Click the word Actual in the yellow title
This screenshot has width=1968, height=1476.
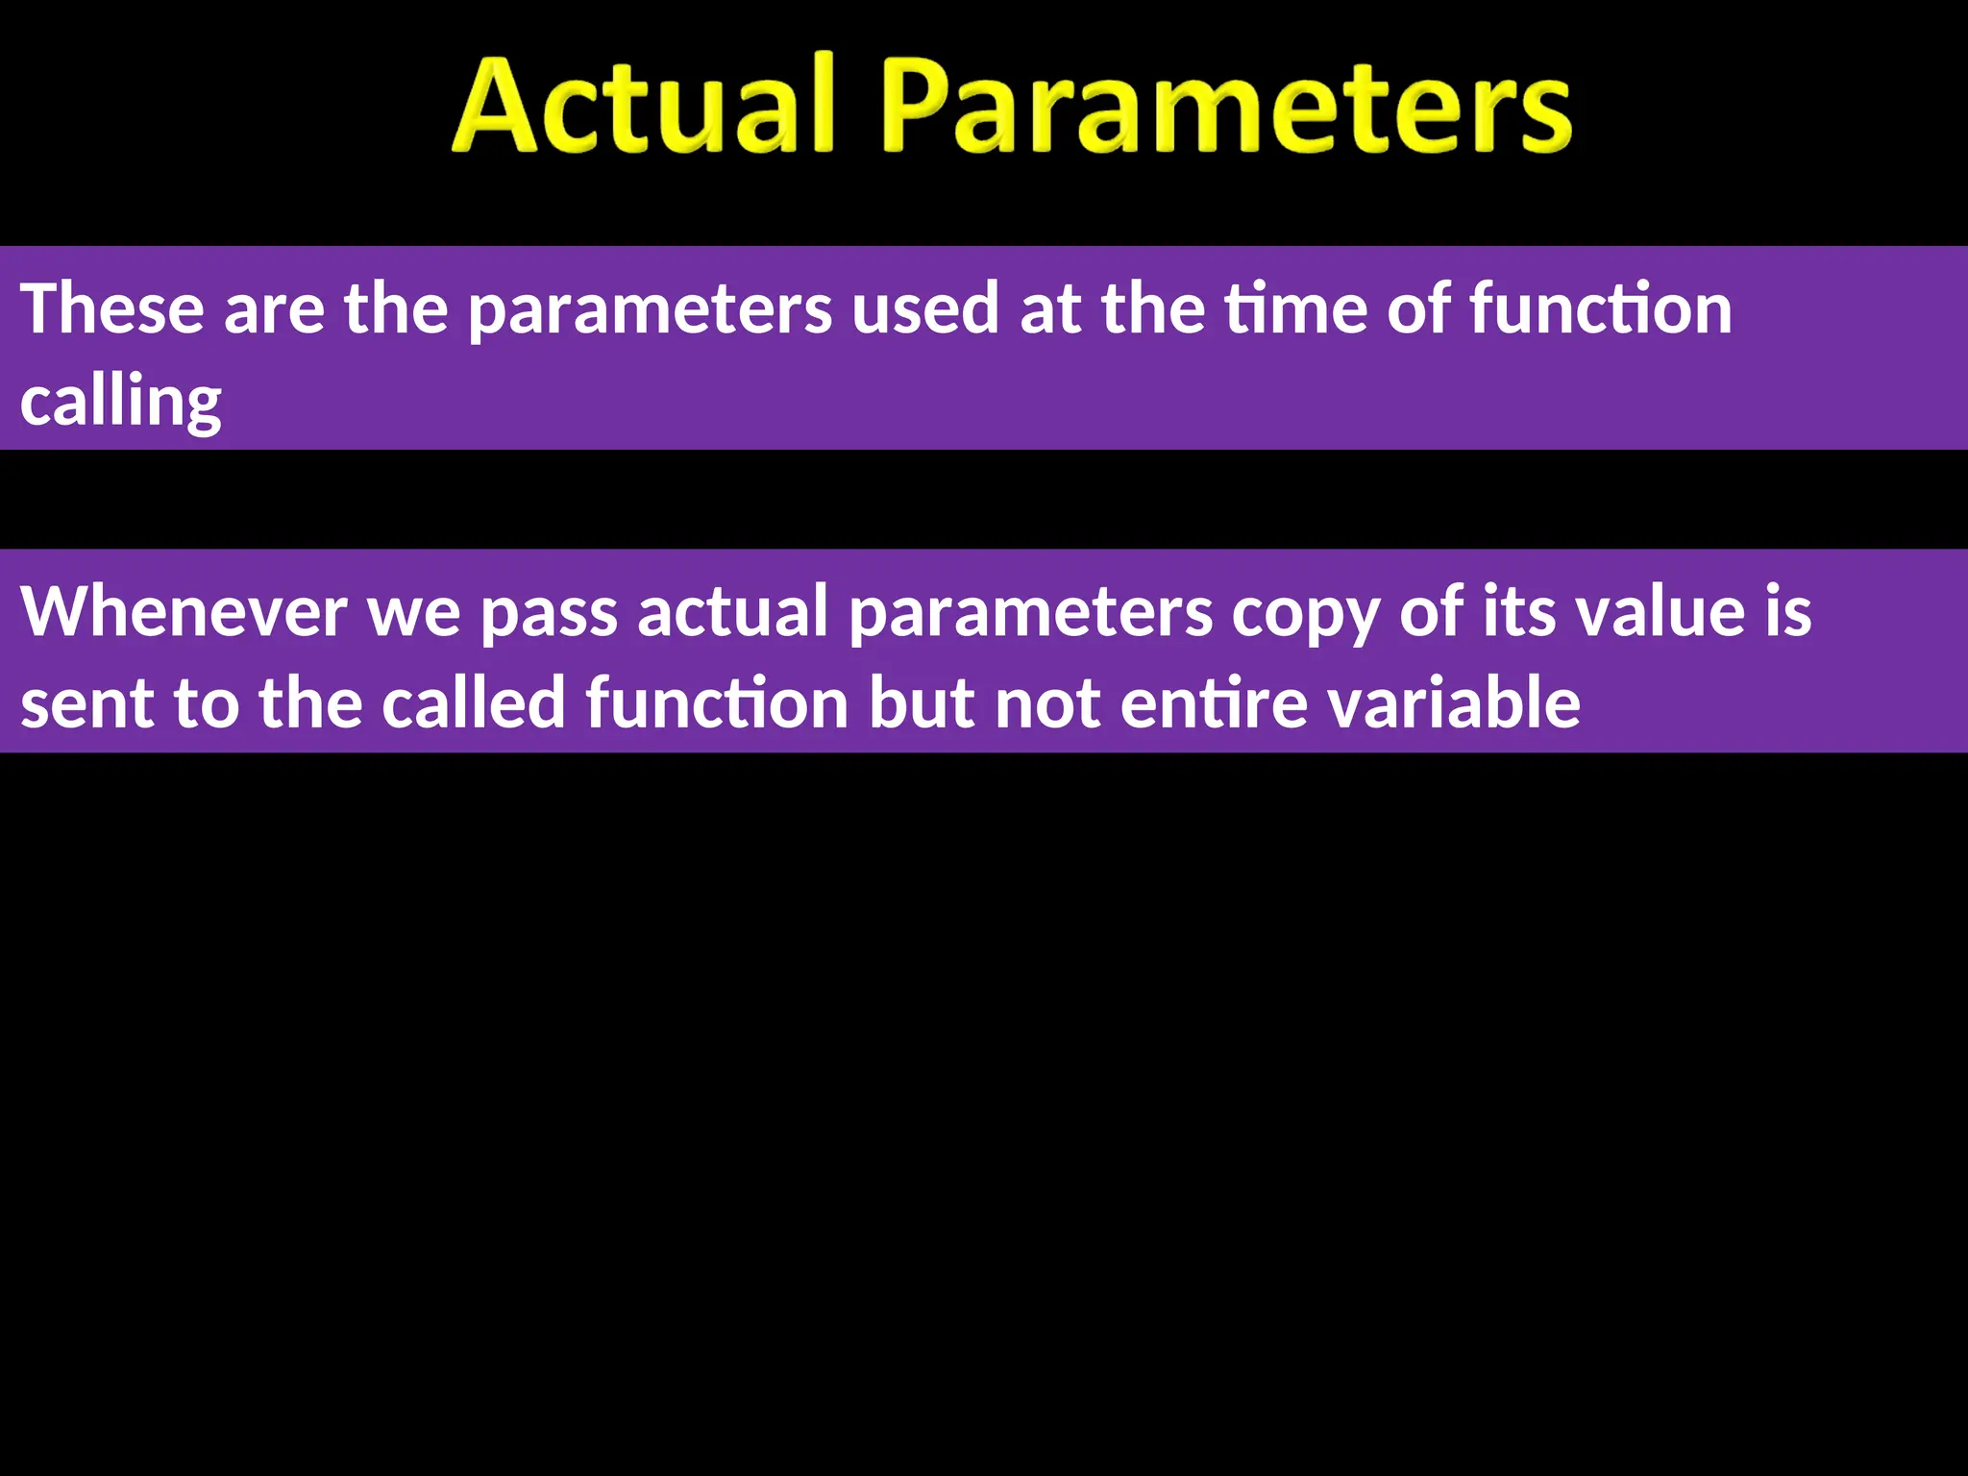pyautogui.click(x=642, y=106)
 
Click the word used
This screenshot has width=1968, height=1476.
pyautogui.click(x=924, y=308)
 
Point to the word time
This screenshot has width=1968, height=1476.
pyautogui.click(x=1294, y=308)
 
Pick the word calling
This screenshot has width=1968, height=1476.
pyautogui.click(x=121, y=401)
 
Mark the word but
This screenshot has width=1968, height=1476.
pyautogui.click(x=922, y=703)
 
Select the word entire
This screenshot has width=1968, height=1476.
pyautogui.click(x=1213, y=703)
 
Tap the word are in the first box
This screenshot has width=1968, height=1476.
pyautogui.click(x=274, y=310)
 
